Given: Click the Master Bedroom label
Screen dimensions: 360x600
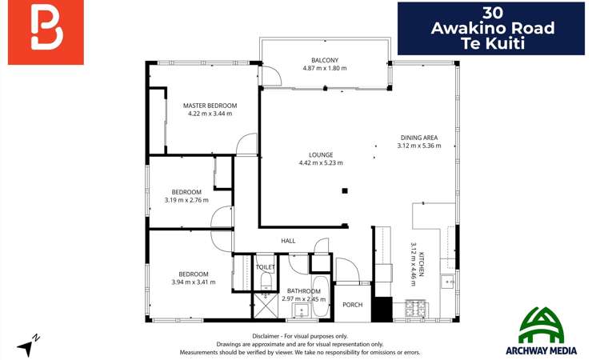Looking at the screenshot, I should tap(210, 106).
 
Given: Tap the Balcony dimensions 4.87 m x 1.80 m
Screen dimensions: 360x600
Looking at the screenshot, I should tap(326, 68).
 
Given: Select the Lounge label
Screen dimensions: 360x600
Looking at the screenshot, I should tap(321, 154).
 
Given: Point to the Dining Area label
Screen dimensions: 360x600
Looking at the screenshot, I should tap(418, 138).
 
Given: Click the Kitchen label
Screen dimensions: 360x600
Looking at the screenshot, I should tap(422, 264).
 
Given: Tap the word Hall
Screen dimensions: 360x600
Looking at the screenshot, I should tap(288, 241).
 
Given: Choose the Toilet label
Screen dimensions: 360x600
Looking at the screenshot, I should tap(266, 267).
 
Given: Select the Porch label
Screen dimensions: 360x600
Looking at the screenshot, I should tap(352, 305).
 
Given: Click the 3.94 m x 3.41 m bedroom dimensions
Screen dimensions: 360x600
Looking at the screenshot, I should tap(194, 282).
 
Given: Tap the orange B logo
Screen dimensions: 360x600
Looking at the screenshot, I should tap(46, 32).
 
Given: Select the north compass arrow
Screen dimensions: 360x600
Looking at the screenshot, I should tap(29, 346).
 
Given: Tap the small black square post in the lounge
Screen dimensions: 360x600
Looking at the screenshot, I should tap(344, 190).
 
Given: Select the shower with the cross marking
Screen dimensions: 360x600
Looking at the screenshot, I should tap(263, 306).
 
